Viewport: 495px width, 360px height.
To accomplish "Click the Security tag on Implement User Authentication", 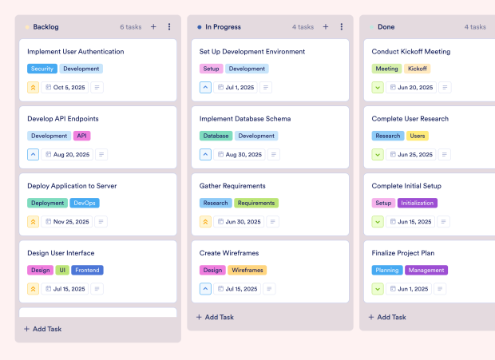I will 42,69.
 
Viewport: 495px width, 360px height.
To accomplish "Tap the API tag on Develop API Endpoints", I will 82,136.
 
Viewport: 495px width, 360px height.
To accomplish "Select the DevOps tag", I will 85,203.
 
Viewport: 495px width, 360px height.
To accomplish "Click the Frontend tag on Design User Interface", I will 88,270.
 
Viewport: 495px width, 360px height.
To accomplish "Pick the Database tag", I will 216,136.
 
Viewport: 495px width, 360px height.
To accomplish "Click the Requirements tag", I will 256,203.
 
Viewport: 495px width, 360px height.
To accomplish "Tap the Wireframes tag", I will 247,270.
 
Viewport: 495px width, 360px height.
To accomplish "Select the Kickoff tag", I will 417,69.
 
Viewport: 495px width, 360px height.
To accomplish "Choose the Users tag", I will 418,136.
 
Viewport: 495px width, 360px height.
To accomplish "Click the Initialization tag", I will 417,203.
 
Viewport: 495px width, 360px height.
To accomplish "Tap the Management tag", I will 426,270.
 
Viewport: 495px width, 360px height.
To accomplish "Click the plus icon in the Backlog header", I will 153,27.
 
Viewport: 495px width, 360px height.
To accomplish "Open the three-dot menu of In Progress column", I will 342,27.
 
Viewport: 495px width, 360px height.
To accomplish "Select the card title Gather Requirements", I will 232,186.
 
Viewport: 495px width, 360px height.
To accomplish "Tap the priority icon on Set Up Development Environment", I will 205,87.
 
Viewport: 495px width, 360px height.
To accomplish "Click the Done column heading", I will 386,27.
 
